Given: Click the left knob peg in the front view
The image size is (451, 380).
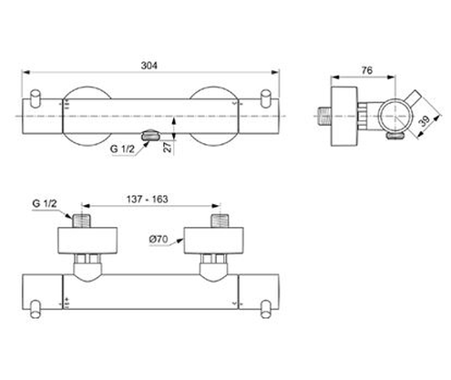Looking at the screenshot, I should tap(36, 101).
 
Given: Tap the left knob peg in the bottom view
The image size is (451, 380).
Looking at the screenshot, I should tap(36, 309).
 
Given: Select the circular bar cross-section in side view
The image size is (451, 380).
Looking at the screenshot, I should tap(389, 117).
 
